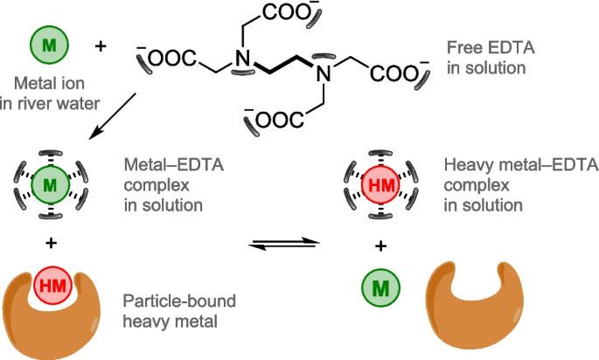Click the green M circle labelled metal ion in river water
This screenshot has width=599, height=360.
pos(49,45)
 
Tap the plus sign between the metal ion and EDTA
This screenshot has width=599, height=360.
pos(100,46)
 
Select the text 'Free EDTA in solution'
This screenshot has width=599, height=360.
pos(491,58)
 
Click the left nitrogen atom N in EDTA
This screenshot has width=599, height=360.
pos(242,59)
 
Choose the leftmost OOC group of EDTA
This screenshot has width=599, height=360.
pos(169,59)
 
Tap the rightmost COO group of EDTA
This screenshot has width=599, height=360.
pos(398,73)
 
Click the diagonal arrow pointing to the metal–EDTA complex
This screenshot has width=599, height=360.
pos(113,116)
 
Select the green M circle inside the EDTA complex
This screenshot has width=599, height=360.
pos(51,185)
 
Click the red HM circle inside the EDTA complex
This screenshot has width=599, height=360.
pos(381,185)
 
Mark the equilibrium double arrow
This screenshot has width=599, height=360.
pos(284,244)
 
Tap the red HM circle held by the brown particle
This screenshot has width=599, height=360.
pos(52,285)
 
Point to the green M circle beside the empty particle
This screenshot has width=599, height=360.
pos(381,287)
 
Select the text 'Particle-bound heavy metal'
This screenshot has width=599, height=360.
pos(179,311)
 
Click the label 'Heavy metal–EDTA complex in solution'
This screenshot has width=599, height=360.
pos(520,185)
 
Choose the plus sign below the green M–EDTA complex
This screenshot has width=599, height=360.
pos(51,242)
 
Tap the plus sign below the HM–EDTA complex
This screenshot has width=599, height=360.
pos(380,246)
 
